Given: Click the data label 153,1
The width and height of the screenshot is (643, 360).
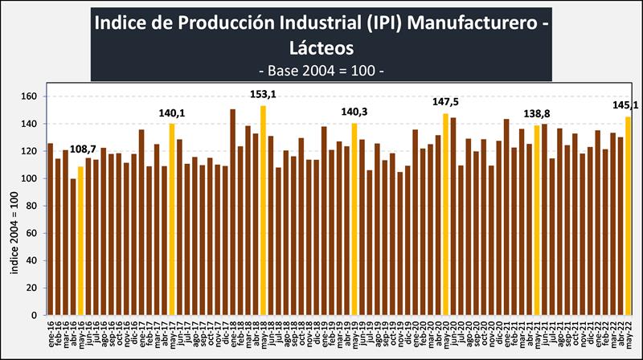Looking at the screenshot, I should pos(263,95).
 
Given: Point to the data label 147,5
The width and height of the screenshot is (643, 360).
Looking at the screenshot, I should pos(445,102).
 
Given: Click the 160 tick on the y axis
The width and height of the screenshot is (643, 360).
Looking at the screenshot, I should pos(30,96).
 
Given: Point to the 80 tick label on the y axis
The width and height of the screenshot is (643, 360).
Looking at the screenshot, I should pos(32,206).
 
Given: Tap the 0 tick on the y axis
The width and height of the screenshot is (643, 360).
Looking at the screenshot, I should pos(35,315).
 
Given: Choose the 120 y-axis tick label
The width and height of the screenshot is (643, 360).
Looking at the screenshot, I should pos(30,151).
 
